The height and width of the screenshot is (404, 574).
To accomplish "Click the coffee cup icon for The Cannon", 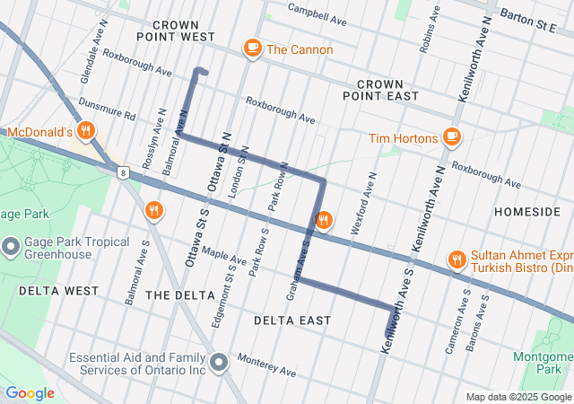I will pos(252,48).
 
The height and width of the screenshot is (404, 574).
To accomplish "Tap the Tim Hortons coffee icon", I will pos(451,137).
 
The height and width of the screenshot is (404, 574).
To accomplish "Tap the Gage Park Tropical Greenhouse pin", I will pos(12,245).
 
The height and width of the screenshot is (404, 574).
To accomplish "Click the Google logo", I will pos(30,393).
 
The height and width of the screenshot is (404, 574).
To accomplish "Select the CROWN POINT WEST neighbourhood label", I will pos(176,31).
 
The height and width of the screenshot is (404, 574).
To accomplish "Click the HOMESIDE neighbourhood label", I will pos(527,211).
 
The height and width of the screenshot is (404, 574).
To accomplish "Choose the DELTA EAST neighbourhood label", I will pos(292,321).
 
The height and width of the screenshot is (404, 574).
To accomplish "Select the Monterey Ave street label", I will pos(266,365).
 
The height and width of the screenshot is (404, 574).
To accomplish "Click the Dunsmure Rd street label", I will pos(106,110).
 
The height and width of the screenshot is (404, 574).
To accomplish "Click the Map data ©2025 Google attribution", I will pos(517,397).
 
